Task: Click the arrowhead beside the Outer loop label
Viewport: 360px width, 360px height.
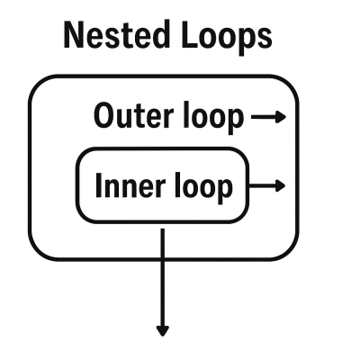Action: tap(281, 116)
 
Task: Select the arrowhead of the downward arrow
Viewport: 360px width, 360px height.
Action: tap(163, 330)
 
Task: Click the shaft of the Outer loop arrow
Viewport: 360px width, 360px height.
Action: tap(263, 116)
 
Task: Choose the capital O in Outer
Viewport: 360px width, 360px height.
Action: tap(104, 116)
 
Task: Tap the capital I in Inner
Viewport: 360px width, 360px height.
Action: tap(99, 186)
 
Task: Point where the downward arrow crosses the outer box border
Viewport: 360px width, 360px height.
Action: tap(163, 259)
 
